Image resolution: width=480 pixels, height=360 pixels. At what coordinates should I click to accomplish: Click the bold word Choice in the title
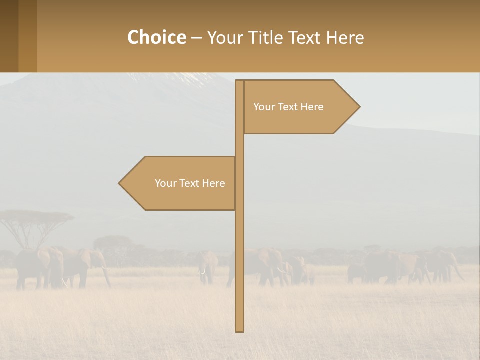[x=156, y=37]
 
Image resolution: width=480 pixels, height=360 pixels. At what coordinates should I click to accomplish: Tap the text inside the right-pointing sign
[x=288, y=107]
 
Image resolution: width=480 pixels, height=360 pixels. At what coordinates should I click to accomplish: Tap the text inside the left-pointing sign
[x=190, y=183]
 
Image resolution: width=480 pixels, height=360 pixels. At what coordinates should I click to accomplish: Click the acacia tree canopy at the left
[x=35, y=217]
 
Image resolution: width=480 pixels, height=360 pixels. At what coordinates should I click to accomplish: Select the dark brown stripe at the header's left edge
[x=9, y=36]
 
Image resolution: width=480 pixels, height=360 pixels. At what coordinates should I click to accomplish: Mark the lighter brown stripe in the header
[x=28, y=36]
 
